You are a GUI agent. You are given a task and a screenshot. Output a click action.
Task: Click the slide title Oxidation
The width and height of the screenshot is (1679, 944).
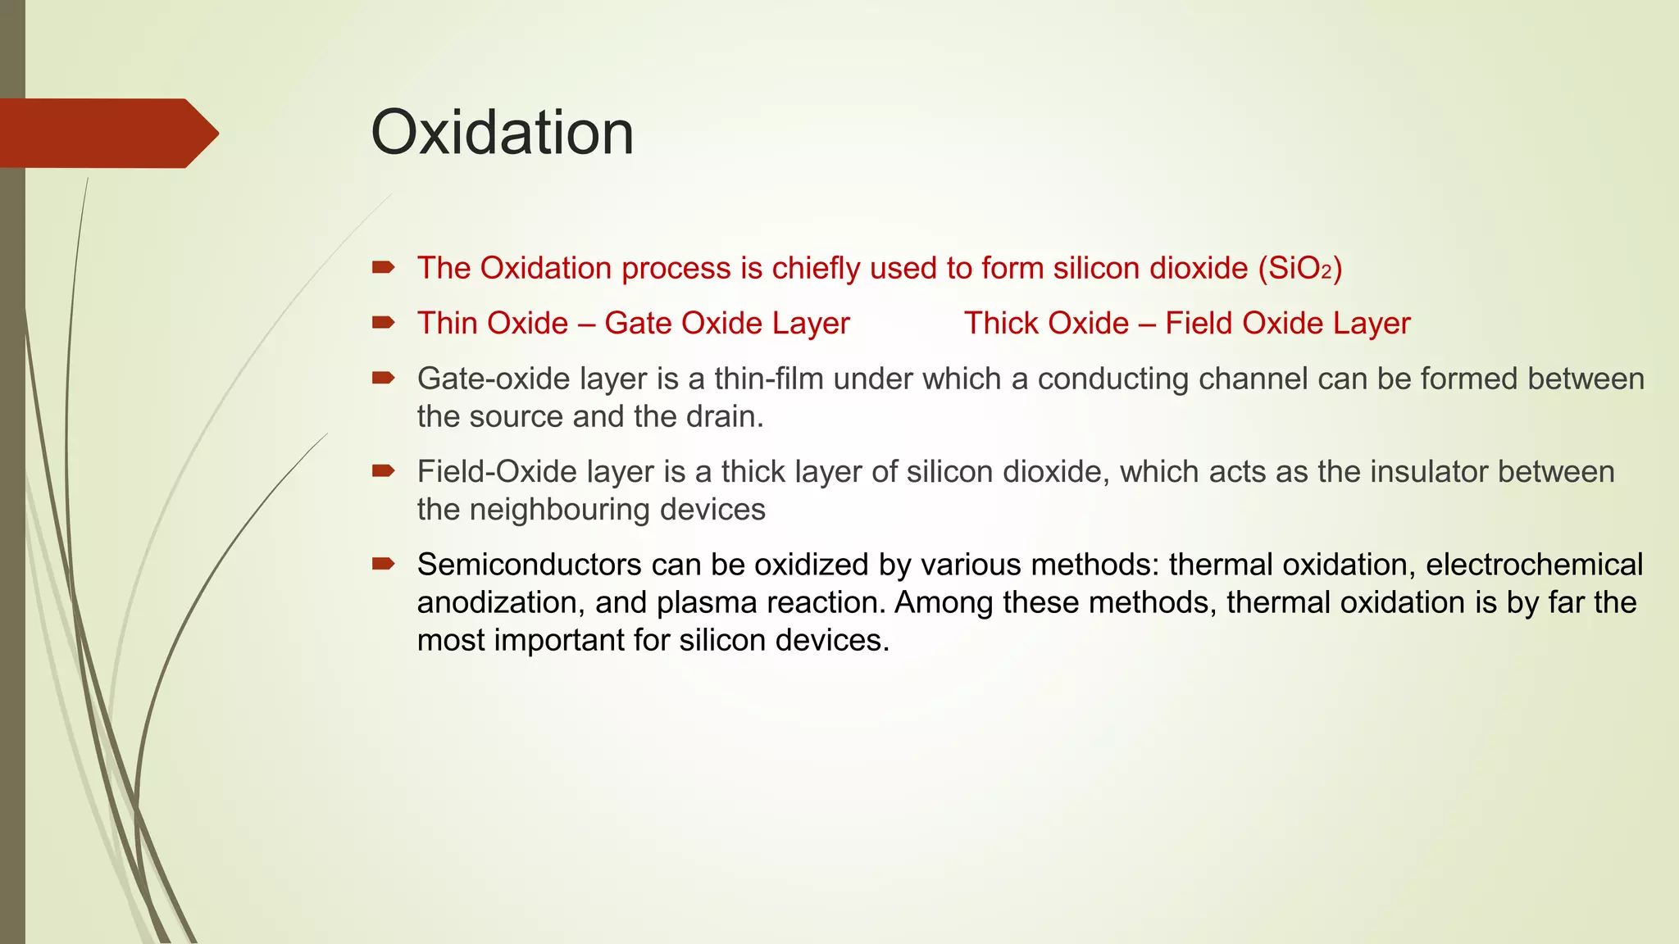(x=502, y=133)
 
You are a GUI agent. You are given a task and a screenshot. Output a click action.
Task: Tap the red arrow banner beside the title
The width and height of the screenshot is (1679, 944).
(x=107, y=134)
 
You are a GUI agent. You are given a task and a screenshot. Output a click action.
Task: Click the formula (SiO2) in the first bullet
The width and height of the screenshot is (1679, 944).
(x=1300, y=269)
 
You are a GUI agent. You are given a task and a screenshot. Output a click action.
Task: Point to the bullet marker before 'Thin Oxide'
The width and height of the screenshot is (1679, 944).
(x=383, y=323)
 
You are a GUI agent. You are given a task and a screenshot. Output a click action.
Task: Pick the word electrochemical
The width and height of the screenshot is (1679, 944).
(x=1534, y=565)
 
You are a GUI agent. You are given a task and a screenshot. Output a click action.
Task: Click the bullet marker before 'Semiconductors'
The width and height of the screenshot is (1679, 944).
(x=383, y=564)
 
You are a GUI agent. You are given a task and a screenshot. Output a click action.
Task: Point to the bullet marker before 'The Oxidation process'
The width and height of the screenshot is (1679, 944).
(x=383, y=267)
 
